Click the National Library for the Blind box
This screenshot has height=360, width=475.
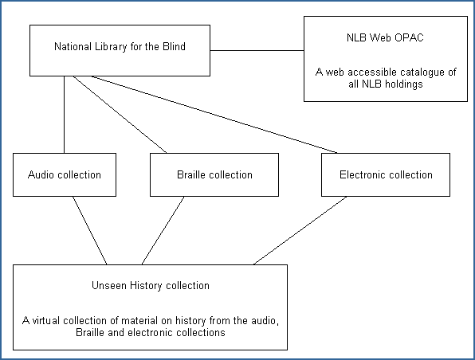point(120,50)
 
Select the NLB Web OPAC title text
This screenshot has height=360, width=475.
point(385,37)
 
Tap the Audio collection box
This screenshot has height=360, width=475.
point(65,174)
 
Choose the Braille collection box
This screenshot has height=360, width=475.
point(214,174)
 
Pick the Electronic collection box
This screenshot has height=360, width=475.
point(386,174)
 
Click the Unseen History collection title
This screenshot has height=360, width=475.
point(151,285)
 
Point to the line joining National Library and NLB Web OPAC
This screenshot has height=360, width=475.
point(257,50)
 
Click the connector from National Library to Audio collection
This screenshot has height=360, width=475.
point(65,115)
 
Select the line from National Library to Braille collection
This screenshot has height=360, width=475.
point(120,115)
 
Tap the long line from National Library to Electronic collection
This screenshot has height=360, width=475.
point(214,115)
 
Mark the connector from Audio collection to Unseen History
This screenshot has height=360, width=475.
point(90,231)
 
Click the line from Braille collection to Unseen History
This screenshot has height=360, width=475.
point(163,231)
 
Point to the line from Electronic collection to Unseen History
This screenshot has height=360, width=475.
point(300,231)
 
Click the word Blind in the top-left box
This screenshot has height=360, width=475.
point(174,47)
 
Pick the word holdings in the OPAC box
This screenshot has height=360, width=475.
point(403,84)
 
